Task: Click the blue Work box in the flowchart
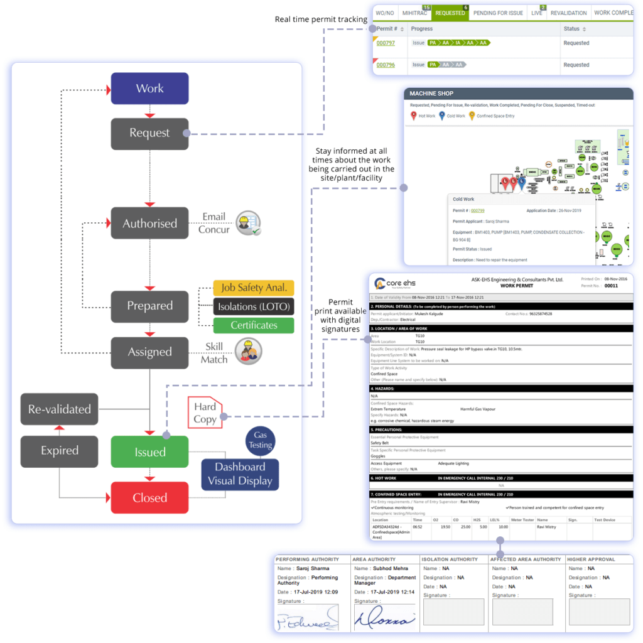[x=149, y=89]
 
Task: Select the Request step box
[x=149, y=133]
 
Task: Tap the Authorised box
[x=149, y=224]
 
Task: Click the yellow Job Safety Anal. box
[x=253, y=288]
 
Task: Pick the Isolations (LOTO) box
[x=253, y=307]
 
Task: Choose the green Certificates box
[x=253, y=325]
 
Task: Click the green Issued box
[x=149, y=452]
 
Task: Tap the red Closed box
[x=149, y=498]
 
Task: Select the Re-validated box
[x=60, y=409]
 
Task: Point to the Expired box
[x=60, y=451]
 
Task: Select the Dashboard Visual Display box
[x=240, y=474]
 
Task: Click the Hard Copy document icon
[x=205, y=413]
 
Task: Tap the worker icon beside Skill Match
[x=248, y=352]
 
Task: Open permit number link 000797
[x=386, y=43]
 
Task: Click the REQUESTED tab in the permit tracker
[x=450, y=13]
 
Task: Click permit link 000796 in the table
[x=386, y=65]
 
